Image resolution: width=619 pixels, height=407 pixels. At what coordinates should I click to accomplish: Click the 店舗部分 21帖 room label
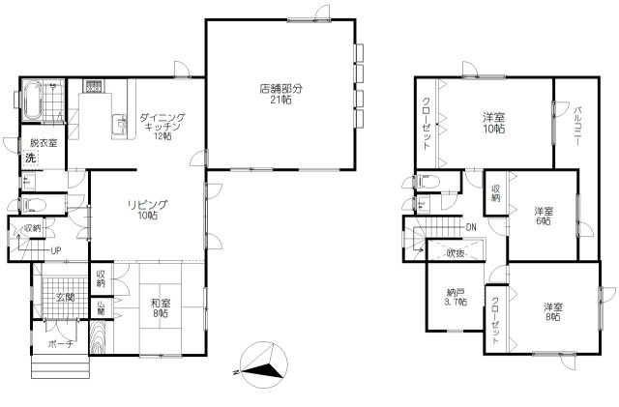280,94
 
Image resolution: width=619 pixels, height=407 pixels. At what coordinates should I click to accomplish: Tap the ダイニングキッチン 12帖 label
162,127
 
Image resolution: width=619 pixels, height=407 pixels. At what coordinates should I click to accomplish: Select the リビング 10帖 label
148,210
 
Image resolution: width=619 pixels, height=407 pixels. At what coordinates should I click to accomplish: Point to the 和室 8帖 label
161,308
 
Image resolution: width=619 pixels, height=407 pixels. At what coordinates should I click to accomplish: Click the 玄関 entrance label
65,297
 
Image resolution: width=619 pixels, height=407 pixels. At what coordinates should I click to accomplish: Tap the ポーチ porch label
60,343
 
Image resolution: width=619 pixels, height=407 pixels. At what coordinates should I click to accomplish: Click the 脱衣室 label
44,142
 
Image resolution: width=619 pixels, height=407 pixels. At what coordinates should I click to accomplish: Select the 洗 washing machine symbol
30,158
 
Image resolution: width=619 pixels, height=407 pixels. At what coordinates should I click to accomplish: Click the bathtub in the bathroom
32,100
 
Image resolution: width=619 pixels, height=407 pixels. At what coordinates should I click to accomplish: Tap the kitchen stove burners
94,86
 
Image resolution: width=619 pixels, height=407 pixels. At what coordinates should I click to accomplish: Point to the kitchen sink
119,124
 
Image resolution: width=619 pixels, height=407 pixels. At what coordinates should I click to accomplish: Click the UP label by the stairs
56,250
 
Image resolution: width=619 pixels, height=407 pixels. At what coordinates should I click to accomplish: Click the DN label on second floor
471,227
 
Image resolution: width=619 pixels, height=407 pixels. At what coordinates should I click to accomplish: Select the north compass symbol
263,364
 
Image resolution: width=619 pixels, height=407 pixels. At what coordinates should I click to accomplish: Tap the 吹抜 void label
456,253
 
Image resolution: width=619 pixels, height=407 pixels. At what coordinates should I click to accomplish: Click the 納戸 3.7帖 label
456,297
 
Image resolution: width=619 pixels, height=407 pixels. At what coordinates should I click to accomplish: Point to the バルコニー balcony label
577,127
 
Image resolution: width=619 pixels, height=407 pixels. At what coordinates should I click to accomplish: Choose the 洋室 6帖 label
544,216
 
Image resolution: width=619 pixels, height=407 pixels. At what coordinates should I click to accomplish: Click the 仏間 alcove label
101,306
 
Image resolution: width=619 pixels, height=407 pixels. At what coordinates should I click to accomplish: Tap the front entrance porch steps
60,366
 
